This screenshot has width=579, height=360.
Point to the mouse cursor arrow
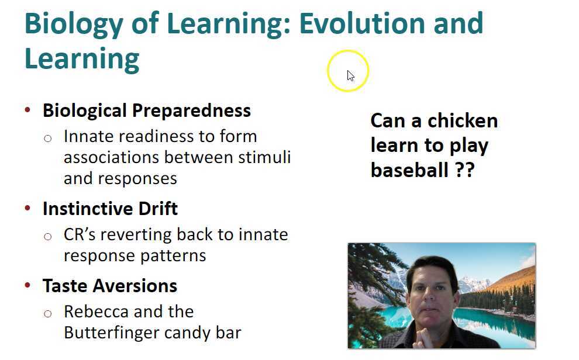[350, 75]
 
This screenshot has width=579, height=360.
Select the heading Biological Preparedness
[146, 110]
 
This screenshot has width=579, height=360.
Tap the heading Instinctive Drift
[110, 209]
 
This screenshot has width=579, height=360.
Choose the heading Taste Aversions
[109, 286]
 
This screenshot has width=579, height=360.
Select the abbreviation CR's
[82, 234]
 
